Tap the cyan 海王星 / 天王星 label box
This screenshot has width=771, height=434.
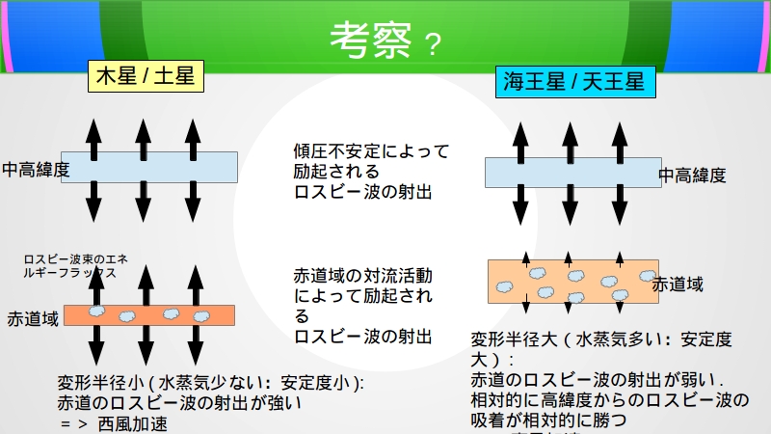coord(573,81)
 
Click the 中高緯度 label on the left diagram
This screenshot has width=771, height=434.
coord(36,169)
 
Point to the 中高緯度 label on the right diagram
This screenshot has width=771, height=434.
coord(692,175)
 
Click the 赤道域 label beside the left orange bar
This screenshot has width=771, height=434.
coord(33,317)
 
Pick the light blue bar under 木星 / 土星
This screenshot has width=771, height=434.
coord(148,167)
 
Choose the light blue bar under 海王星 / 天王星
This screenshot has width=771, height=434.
coord(572,173)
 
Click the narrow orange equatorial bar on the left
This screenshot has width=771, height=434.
coord(148,315)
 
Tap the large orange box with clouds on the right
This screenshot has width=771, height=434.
coord(572,282)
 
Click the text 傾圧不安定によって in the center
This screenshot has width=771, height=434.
coord(371,151)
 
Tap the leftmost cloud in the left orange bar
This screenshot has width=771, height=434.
coord(97,313)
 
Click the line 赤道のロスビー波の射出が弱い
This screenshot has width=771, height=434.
coord(597,379)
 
